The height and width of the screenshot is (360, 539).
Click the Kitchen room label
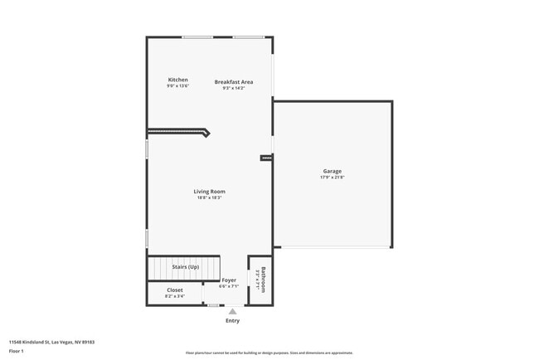pyautogui.click(x=178, y=80)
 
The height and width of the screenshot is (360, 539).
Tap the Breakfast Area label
pyautogui.click(x=233, y=81)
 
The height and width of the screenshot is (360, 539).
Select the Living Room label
pyautogui.click(x=209, y=192)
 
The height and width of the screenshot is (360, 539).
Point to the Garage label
pyautogui.click(x=332, y=172)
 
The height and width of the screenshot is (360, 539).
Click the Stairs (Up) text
pyautogui.click(x=185, y=267)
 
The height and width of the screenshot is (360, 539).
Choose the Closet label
pyautogui.click(x=174, y=289)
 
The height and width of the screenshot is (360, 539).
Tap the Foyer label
pyautogui.click(x=229, y=280)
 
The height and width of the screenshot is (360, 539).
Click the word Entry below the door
pyautogui.click(x=232, y=321)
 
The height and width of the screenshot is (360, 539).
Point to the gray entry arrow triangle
pyautogui.click(x=232, y=312)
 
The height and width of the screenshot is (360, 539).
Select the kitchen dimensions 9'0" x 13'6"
pyautogui.click(x=178, y=86)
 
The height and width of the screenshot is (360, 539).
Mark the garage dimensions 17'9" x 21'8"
pyautogui.click(x=332, y=178)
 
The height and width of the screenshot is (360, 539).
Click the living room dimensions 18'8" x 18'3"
pyautogui.click(x=209, y=197)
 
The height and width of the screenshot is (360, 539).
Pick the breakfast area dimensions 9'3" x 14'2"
pyautogui.click(x=233, y=88)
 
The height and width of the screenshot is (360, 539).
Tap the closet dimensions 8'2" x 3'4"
pyautogui.click(x=174, y=295)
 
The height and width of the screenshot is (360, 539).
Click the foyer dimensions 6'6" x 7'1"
pyautogui.click(x=228, y=286)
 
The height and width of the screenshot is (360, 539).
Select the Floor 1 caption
pyautogui.click(x=17, y=351)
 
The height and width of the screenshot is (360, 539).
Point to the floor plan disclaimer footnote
pyautogui.click(x=269, y=353)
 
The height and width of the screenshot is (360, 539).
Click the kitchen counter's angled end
pyautogui.click(x=206, y=132)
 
